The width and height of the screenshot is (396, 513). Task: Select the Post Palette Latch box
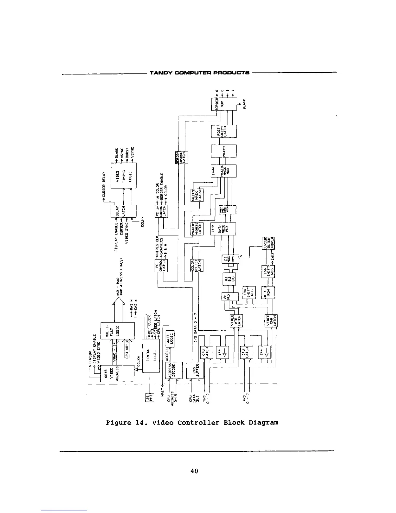(x=224, y=131)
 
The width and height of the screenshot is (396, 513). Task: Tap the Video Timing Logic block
(x=124, y=176)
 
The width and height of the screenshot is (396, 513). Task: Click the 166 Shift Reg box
(x=268, y=271)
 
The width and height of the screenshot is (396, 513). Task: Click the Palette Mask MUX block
(x=224, y=175)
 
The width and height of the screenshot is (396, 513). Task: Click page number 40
(x=194, y=471)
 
